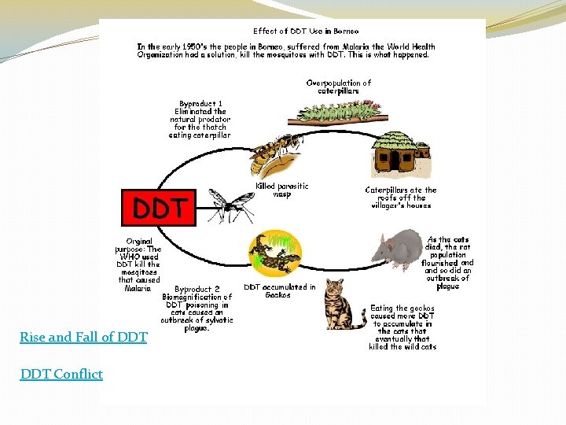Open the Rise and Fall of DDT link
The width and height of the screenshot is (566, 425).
coord(83,337)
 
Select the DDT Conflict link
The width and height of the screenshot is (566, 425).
coord(61,374)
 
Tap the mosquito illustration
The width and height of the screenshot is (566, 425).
coord(229,205)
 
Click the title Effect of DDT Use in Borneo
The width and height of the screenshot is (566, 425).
coord(306,31)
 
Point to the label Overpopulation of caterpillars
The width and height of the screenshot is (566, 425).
coord(338,87)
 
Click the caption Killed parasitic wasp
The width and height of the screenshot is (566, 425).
coord(282,190)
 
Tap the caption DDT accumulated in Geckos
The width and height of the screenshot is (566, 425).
coord(279,290)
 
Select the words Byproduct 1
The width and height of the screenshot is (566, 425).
coord(200,103)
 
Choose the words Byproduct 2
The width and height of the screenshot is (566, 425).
coord(197,289)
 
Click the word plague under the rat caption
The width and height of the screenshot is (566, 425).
coord(447,286)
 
